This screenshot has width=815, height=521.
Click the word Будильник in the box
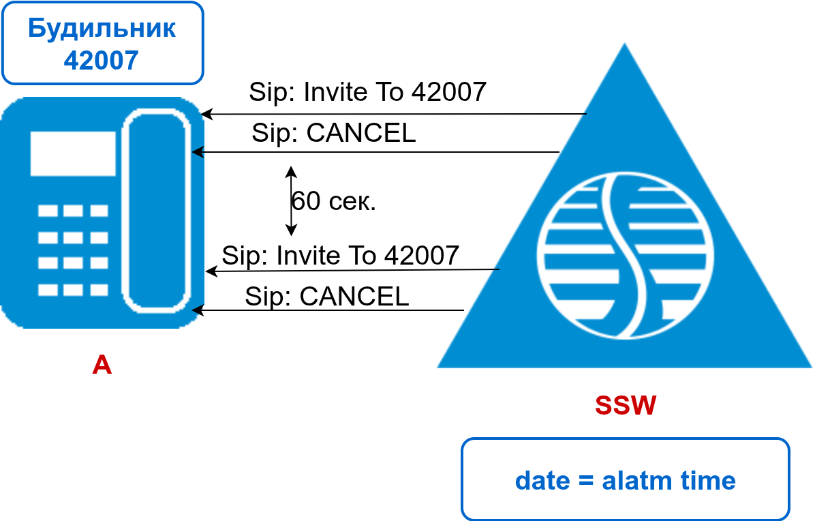click(x=102, y=29)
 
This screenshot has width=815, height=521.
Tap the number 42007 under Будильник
click(x=102, y=60)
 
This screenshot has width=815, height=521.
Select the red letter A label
click(x=102, y=365)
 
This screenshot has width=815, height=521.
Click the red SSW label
click(x=626, y=405)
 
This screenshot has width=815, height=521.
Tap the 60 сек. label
click(x=334, y=201)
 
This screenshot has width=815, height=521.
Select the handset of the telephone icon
click(x=155, y=211)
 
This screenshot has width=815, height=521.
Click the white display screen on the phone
click(x=73, y=153)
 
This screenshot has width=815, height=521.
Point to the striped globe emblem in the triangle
click(x=625, y=256)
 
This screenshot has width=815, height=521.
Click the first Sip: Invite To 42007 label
click(x=367, y=91)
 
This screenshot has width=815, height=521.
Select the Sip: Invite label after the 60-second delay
click(x=340, y=256)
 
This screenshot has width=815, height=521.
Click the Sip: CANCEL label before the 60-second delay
click(x=333, y=133)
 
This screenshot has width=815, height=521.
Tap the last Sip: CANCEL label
click(x=326, y=297)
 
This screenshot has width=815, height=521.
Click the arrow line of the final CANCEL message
click(x=327, y=310)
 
